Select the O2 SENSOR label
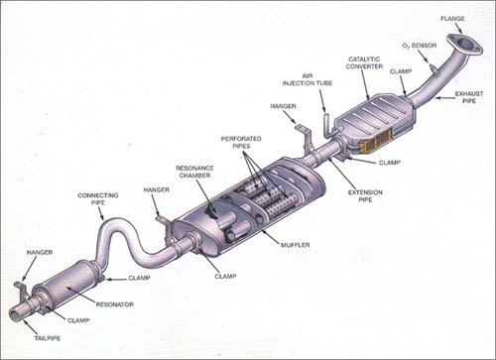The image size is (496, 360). point(420,45)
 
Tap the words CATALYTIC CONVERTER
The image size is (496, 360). point(367,64)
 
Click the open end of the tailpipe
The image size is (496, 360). point(17,315)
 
